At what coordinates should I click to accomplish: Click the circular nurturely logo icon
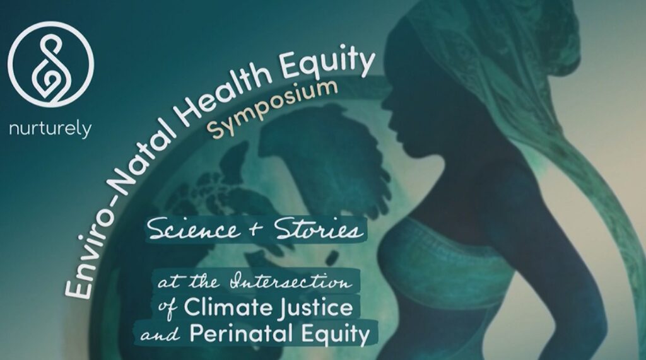click(x=50, y=65)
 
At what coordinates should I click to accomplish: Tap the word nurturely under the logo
click(x=50, y=129)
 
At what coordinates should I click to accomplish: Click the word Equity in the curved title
click(x=329, y=66)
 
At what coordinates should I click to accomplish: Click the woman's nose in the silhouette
click(x=387, y=104)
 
